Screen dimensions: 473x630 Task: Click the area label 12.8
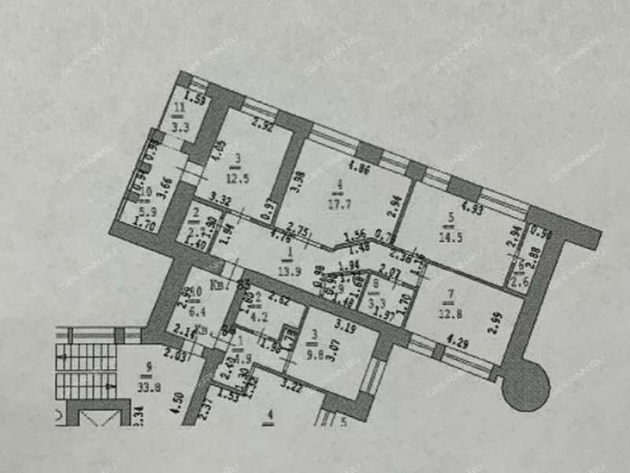click(450, 318)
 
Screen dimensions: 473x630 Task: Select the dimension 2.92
click(261, 125)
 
